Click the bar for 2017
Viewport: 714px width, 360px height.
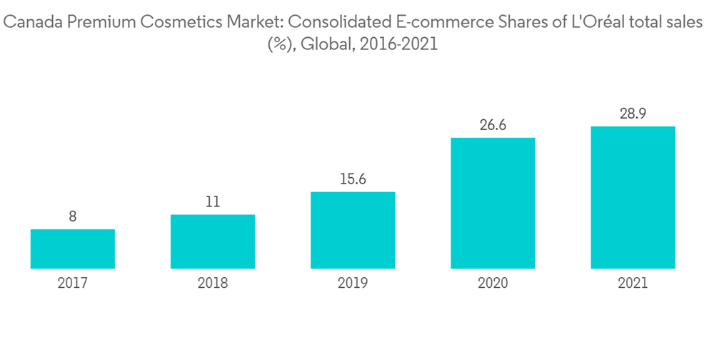click(x=73, y=249)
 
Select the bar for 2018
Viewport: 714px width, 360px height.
click(x=213, y=241)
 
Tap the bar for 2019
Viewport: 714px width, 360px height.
click(x=353, y=230)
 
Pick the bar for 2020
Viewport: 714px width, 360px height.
click(x=493, y=203)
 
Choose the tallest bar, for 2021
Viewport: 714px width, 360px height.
click(x=633, y=197)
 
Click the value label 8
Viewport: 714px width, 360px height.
click(x=73, y=216)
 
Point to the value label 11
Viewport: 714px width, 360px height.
click(x=213, y=202)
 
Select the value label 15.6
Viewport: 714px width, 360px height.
click(x=353, y=179)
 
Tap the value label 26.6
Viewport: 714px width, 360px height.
click(x=493, y=125)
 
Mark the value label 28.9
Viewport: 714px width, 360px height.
click(x=633, y=114)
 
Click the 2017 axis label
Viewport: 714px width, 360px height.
click(x=73, y=284)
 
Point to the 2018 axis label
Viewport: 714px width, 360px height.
click(x=213, y=284)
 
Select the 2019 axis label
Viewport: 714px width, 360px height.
click(x=353, y=284)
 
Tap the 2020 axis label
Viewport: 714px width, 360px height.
click(x=493, y=284)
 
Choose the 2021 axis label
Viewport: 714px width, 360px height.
click(x=633, y=284)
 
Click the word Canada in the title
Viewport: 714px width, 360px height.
click(x=31, y=24)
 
